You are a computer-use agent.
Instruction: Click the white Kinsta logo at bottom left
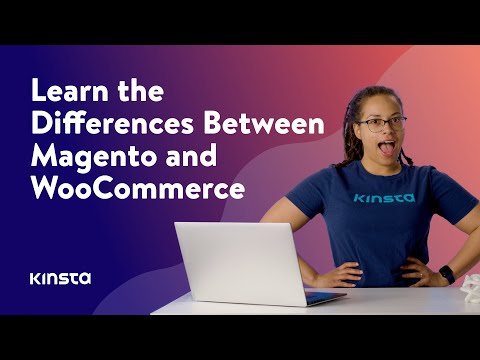pyautogui.click(x=60, y=277)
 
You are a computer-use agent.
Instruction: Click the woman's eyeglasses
pyautogui.click(x=380, y=124)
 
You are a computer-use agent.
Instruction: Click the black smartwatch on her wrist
pyautogui.click(x=446, y=273)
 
